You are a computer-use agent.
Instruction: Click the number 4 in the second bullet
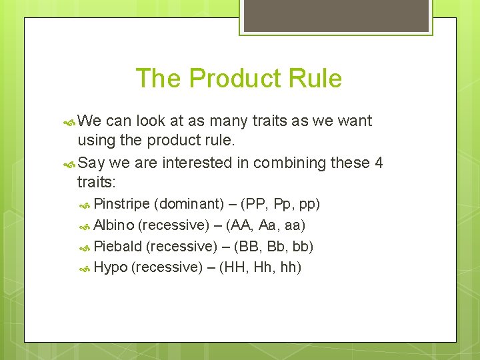(x=379, y=163)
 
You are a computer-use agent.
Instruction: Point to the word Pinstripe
(x=121, y=203)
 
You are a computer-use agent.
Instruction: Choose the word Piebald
(x=117, y=247)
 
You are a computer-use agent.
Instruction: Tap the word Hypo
(x=110, y=268)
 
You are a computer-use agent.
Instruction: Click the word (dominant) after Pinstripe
(x=189, y=203)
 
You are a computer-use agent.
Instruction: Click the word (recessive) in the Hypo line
(x=167, y=268)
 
